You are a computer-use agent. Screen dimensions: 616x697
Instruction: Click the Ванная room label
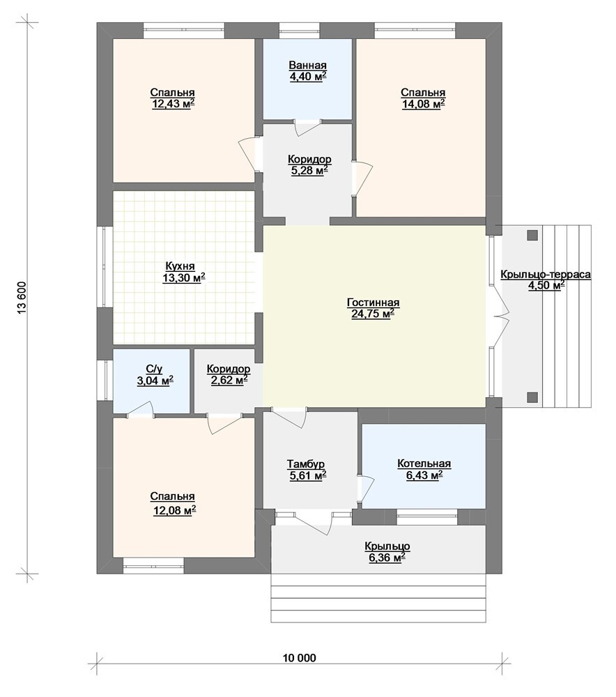[x=307, y=66]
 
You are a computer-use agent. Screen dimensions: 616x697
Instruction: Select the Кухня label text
[x=180, y=266]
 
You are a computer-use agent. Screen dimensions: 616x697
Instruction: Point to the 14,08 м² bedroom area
[x=423, y=104]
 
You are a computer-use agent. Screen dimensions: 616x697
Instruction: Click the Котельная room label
[x=424, y=464]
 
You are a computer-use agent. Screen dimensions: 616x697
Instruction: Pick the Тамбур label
[x=305, y=464]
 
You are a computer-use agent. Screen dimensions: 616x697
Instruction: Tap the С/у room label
[x=154, y=369]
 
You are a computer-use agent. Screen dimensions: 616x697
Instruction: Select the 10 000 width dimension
[x=299, y=657]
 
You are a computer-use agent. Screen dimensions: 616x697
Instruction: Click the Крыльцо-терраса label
[x=546, y=274]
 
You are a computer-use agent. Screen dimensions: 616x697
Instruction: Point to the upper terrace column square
[x=532, y=235]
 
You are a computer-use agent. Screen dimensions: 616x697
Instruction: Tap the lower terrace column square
[x=532, y=397]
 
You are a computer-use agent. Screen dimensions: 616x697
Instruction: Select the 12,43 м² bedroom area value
[x=174, y=104]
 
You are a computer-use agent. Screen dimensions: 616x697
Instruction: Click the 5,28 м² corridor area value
[x=309, y=170]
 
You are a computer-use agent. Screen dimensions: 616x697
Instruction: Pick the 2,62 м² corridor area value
[x=229, y=381]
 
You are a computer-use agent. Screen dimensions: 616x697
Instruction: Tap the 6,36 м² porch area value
[x=387, y=558]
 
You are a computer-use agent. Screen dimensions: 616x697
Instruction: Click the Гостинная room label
[x=373, y=302]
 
